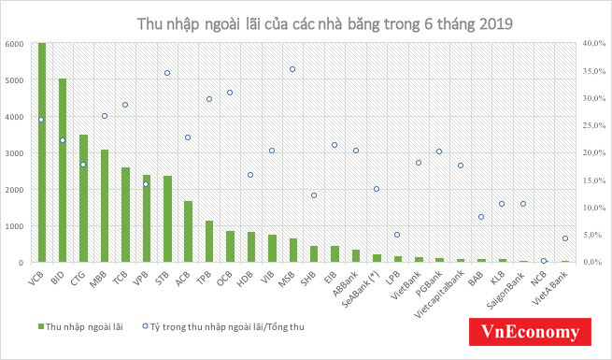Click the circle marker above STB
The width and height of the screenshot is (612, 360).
pyautogui.click(x=167, y=73)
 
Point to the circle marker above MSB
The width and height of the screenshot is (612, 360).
pyautogui.click(x=292, y=69)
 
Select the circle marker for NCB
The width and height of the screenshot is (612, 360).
pyautogui.click(x=544, y=261)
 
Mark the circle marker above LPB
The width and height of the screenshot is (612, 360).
pyautogui.click(x=397, y=235)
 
